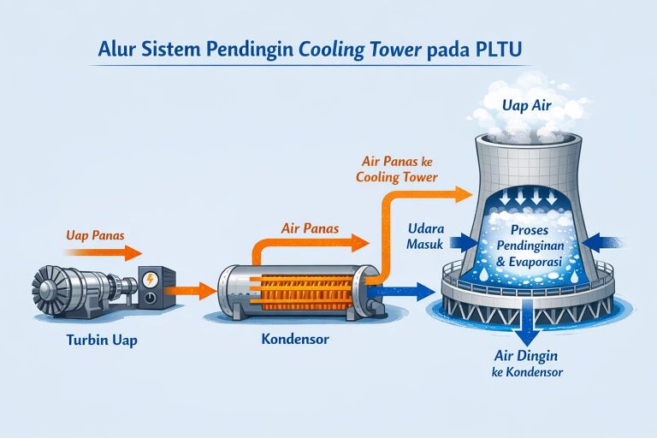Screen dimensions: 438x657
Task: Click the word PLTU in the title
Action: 502,49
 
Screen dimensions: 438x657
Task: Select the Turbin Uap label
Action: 101,340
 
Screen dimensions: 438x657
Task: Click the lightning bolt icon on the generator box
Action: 152,279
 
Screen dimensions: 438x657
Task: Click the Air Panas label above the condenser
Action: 309,228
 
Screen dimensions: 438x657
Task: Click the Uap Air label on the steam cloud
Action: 524,105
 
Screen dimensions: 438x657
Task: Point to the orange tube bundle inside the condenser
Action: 296,290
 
